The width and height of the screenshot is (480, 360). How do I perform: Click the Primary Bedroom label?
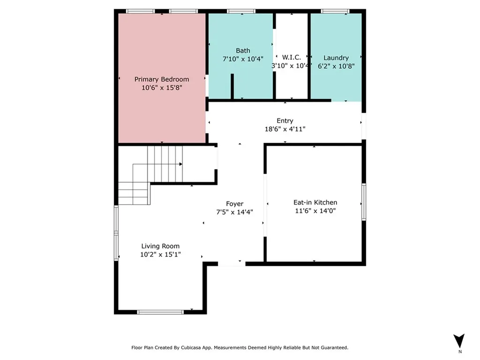pos(162,79)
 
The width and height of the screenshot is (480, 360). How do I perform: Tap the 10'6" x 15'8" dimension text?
pos(162,88)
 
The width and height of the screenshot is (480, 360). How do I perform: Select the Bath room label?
pos(243,51)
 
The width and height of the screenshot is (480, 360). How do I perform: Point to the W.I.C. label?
pos(292,57)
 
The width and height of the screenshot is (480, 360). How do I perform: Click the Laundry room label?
pos(336,58)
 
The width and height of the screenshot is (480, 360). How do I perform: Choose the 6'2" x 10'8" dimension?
pos(336,66)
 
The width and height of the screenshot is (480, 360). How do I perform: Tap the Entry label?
pos(285,120)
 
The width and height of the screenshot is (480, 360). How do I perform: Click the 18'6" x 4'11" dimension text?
pos(285,129)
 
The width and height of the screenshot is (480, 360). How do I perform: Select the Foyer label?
pos(235,204)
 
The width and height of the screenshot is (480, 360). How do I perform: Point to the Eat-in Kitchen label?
pos(315,202)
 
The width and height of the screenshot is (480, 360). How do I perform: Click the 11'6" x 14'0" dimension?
pos(315,210)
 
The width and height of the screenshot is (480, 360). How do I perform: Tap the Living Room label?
pos(160,246)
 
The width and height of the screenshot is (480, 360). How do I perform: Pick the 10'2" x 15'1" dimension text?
pos(160,255)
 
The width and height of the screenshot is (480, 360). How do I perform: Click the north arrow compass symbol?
pos(459,340)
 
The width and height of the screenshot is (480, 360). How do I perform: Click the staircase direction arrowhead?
pos(181,164)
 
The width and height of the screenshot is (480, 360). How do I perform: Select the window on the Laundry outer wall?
pos(335,11)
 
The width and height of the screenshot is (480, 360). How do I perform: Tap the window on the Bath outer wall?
pos(241,11)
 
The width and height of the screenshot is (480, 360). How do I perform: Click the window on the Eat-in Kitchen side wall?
pos(364,202)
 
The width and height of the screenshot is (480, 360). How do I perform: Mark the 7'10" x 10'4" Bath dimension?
pos(243,59)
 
